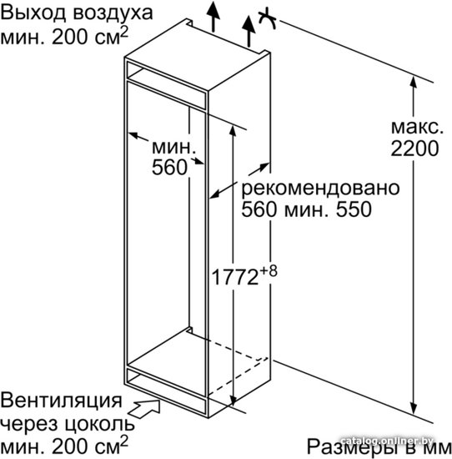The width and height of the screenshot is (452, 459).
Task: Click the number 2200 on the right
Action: [414, 149]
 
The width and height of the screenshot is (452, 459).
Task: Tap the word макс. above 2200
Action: [417, 127]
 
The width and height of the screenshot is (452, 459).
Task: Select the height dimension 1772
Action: [234, 277]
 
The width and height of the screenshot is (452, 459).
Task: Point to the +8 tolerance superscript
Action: [269, 271]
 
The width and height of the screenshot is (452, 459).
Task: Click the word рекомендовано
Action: [320, 188]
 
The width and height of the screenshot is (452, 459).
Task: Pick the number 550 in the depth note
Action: [354, 209]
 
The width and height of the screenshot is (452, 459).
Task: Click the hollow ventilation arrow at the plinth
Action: [144, 408]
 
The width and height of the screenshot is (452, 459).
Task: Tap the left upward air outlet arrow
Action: [213, 17]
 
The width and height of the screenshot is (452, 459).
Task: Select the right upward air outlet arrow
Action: [249, 32]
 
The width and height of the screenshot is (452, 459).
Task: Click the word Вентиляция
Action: [61, 400]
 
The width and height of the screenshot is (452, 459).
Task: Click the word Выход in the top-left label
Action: [34, 13]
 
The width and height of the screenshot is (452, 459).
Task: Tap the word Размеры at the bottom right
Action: [351, 447]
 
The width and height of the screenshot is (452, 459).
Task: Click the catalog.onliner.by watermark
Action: [387, 441]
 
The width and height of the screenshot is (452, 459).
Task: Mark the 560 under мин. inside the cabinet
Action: [169, 168]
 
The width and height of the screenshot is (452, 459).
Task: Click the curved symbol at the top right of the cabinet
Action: [268, 18]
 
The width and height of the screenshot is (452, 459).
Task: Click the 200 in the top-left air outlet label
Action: [70, 38]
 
